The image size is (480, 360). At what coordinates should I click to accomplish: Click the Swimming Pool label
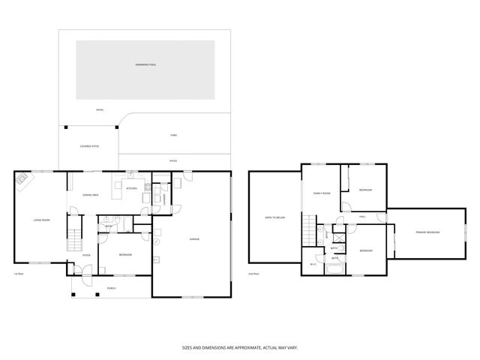coord(145,65)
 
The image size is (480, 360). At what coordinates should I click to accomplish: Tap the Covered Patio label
coord(89,146)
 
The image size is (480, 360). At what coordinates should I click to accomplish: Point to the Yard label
coord(173,135)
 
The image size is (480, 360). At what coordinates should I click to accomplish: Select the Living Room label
coord(41,220)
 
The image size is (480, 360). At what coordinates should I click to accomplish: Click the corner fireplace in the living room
coord(22,178)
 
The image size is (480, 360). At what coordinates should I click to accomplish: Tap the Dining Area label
coord(91,195)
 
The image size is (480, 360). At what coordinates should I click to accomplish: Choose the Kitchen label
coord(131,188)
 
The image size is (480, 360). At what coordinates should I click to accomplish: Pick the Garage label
coord(193,239)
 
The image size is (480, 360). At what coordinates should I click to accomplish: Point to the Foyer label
coord(87,255)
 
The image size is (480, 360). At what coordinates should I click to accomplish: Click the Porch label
coord(111,288)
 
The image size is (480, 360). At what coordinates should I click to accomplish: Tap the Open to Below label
coord(274,217)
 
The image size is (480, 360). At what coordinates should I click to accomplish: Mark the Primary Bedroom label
coord(427,232)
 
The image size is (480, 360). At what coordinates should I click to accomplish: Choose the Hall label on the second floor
coord(362,217)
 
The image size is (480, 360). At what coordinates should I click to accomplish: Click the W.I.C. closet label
coord(313,264)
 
